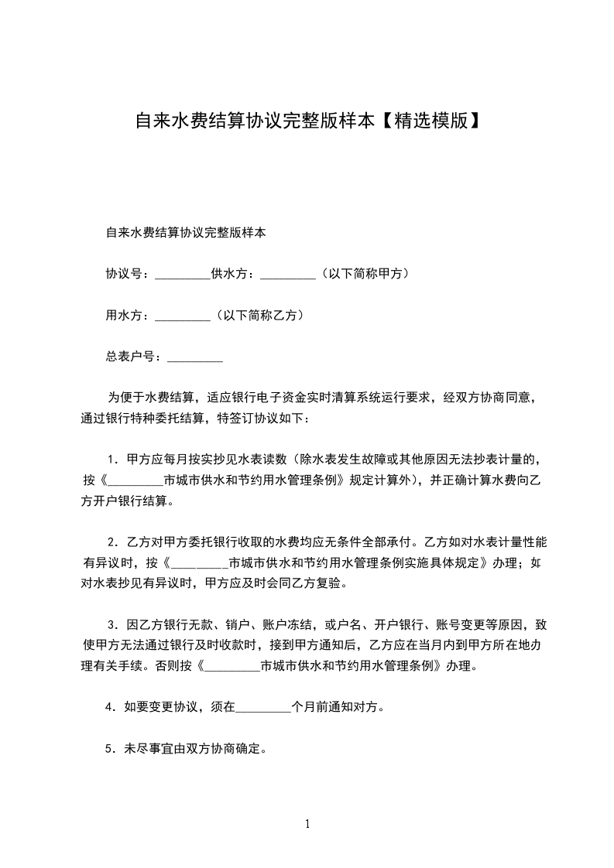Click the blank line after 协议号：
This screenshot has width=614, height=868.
coord(183,275)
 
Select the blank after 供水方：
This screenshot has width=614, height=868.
coord(287,275)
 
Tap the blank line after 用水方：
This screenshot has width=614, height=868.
coord(183,316)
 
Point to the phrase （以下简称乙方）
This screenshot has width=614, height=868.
coord(258,316)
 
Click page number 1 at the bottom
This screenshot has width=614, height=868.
coord(307,824)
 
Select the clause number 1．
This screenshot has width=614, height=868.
coord(113,459)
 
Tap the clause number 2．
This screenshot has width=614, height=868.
coord(113,542)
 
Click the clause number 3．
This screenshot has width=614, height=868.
coord(113,625)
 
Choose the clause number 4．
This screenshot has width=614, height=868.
coord(111,707)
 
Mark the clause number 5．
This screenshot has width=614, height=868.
coord(111,749)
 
